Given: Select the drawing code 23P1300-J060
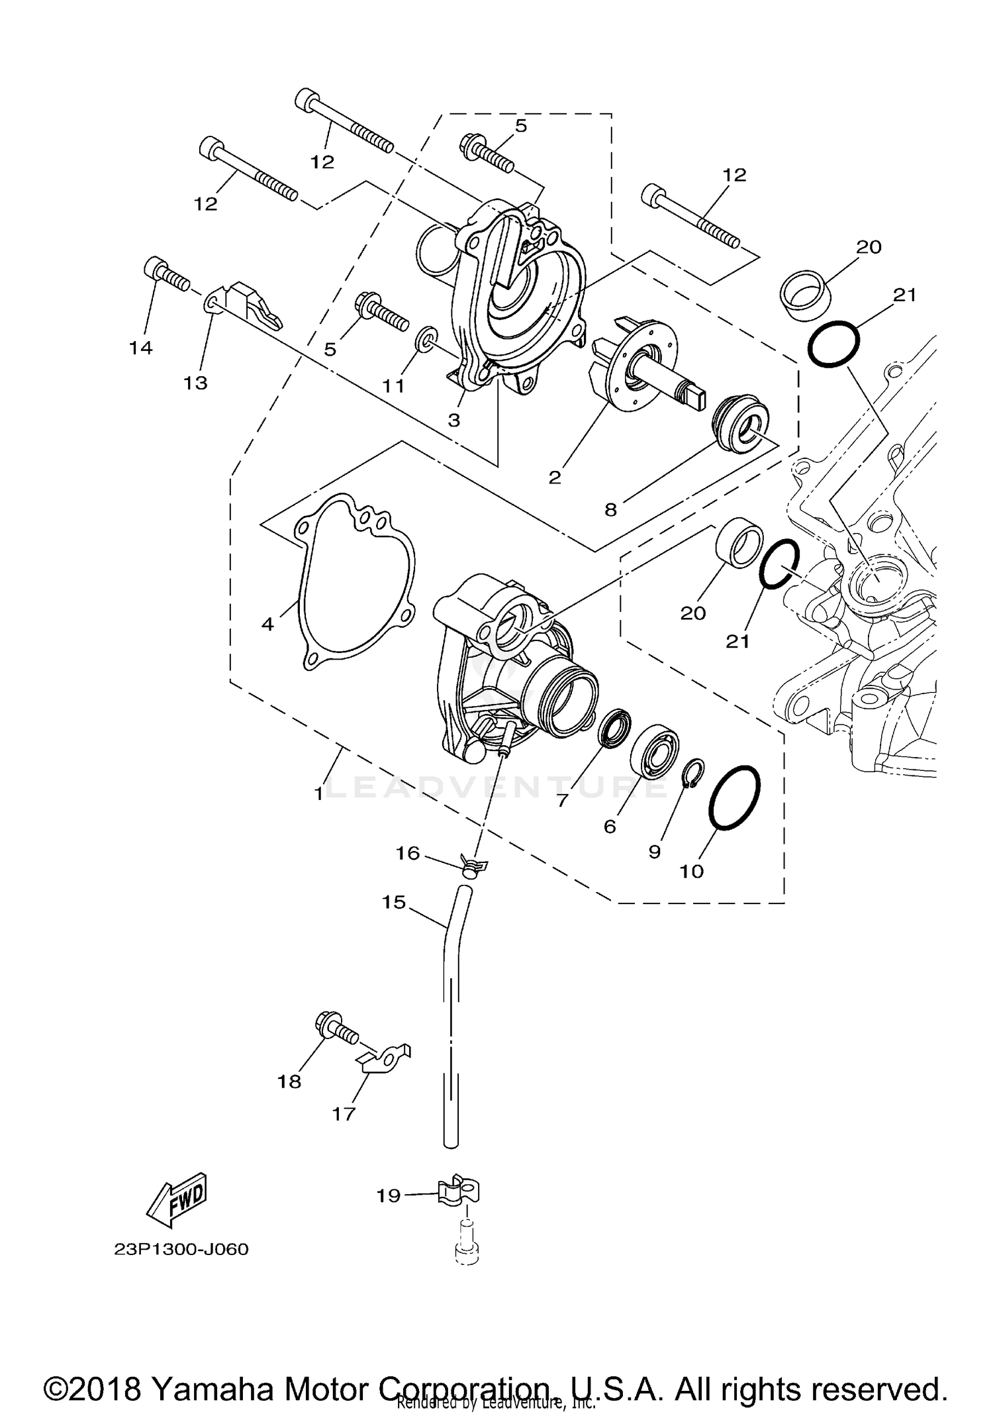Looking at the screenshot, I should pos(181,1250).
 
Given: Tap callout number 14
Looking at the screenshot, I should pos(141,348).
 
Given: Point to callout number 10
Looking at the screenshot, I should pos(691,871).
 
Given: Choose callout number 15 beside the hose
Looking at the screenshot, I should pos(394,903).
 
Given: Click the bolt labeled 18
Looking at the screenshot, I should pos(336,1032).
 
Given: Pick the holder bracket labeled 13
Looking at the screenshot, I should pos(250,304).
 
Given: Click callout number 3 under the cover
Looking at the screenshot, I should pos(454,421).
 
